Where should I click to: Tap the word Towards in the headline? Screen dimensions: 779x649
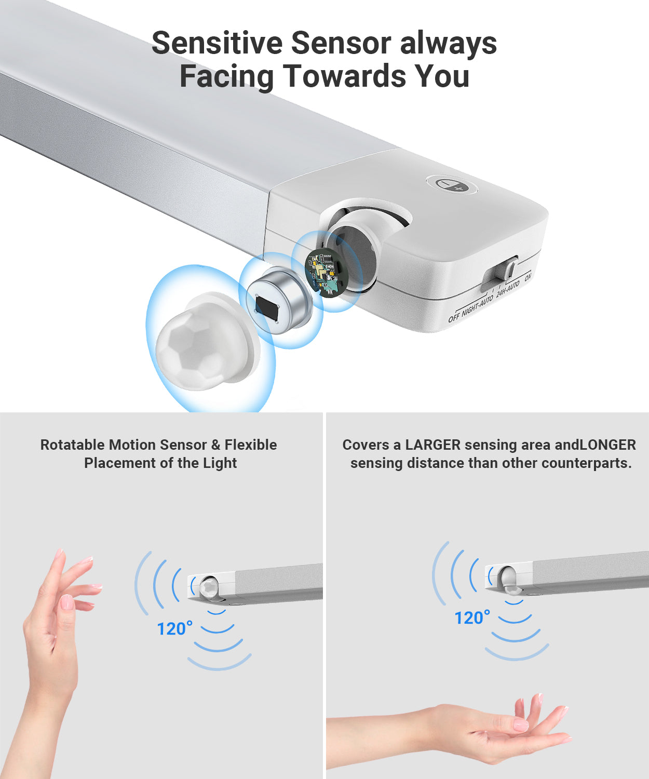point(345,76)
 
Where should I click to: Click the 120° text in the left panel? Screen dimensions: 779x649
point(174,629)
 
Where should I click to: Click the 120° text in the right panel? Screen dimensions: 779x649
point(472,618)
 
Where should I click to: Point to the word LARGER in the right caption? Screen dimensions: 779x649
point(432,445)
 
